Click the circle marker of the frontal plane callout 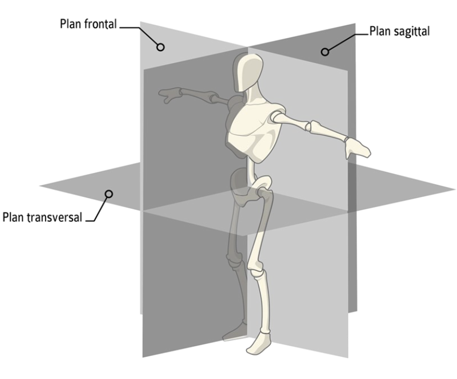(x=160, y=47)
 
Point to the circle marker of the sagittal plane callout (x=324, y=52)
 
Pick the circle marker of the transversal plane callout (x=109, y=193)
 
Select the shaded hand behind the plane (x=171, y=96)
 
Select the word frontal (x=103, y=25)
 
